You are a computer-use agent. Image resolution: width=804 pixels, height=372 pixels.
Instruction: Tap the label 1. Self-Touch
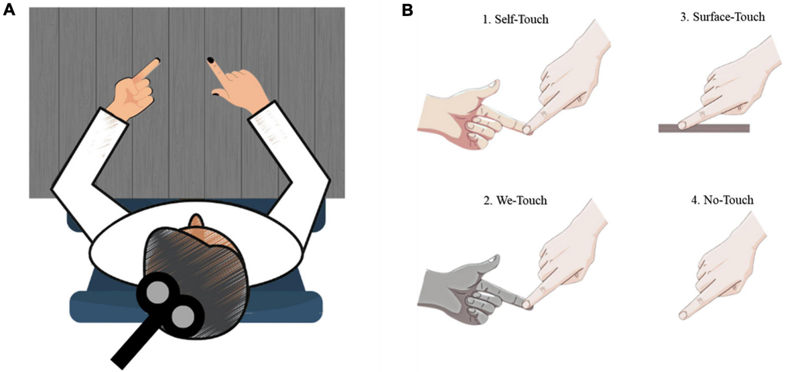pos(515,19)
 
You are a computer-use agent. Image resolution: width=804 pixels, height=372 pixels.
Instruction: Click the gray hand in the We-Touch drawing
pos(462,289)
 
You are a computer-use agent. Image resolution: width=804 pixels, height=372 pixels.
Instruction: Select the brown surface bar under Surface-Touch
pos(703,128)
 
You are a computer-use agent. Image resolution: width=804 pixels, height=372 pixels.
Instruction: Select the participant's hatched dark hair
pos(194,261)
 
